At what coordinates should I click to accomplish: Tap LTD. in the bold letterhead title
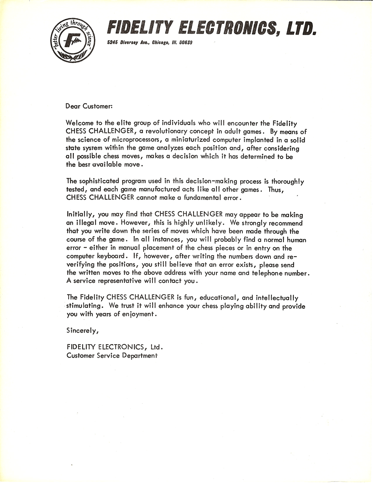(300, 28)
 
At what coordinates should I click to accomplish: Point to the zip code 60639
(185, 43)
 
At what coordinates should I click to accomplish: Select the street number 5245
(113, 43)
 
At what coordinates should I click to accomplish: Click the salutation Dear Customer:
(89, 106)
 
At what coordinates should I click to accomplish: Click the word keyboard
(110, 256)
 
